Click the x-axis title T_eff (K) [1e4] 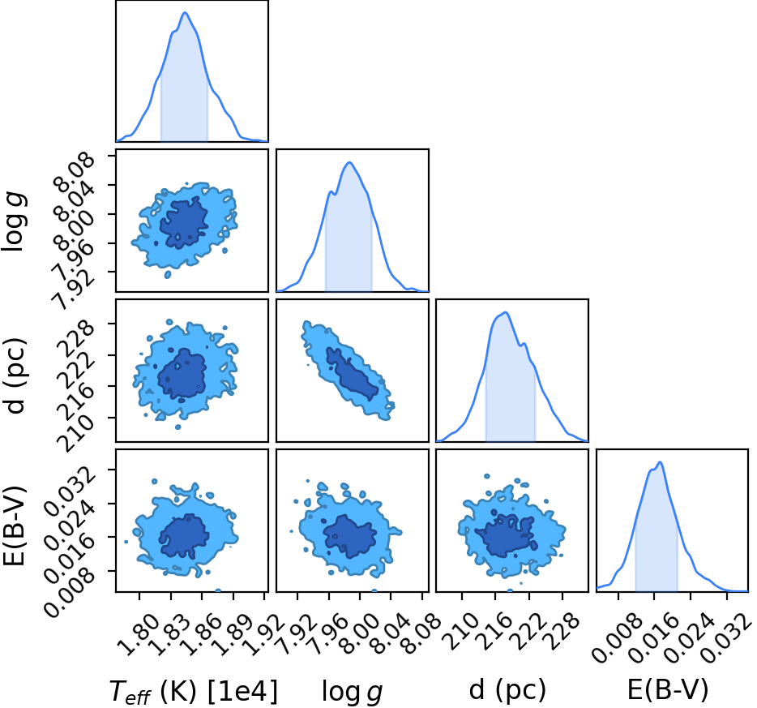tap(194, 691)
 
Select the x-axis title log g tap(353, 692)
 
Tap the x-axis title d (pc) tap(507, 689)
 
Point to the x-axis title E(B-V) tap(668, 689)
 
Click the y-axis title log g tap(14, 221)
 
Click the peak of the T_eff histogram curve tap(186, 12)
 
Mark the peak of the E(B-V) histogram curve tap(660, 462)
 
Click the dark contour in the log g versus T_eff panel tap(184, 223)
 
